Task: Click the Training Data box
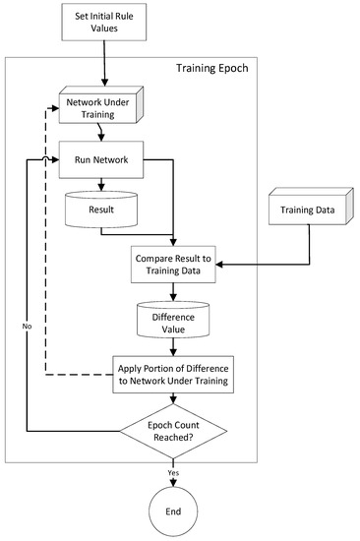coord(307,210)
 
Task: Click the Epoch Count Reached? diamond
coord(174,430)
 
